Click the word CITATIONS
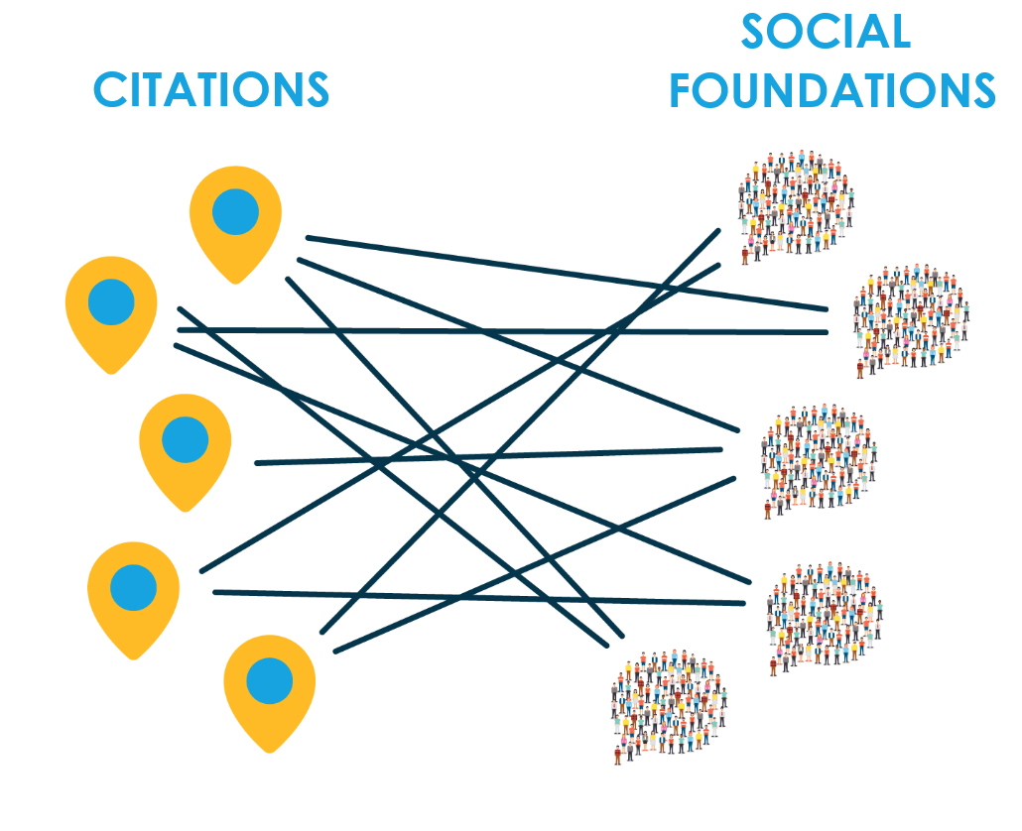(210, 89)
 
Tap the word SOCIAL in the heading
(826, 32)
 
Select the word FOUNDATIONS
(831, 90)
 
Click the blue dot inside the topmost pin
(235, 211)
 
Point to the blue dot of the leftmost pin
(111, 301)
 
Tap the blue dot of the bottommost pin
(269, 681)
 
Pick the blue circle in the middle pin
(185, 439)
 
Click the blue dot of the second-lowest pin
(133, 586)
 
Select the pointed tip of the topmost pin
(235, 283)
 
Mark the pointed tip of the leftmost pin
(111, 373)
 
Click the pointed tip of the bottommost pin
(269, 753)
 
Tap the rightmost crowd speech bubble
(911, 316)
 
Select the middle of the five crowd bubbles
(819, 457)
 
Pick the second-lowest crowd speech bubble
(824, 615)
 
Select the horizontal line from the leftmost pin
(496, 330)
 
